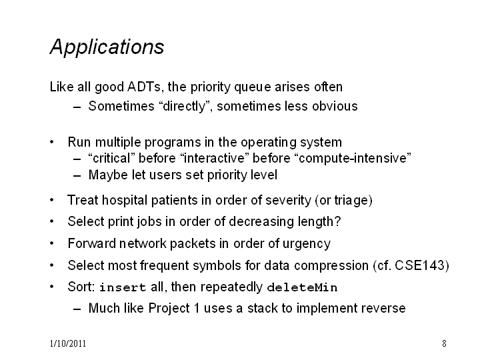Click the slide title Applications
click(x=107, y=47)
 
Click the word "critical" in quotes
click(x=111, y=158)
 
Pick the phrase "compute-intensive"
click(x=353, y=158)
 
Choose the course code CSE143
click(x=419, y=265)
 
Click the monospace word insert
click(x=123, y=287)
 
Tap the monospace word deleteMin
click(x=302, y=287)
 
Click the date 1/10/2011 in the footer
click(x=67, y=343)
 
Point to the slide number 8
click(x=444, y=343)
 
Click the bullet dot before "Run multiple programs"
click(x=52, y=142)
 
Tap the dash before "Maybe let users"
click(x=77, y=176)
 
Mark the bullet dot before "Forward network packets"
click(x=52, y=244)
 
